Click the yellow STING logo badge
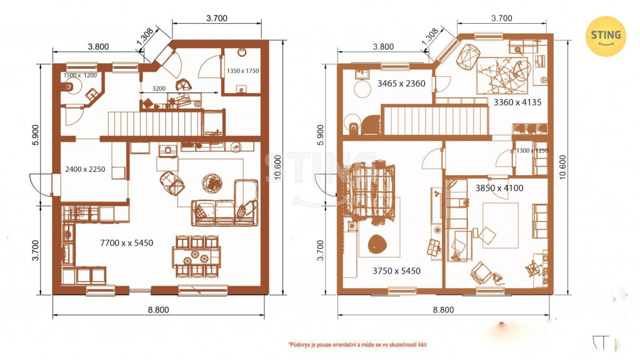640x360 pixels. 606,36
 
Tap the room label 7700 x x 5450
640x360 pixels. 126,243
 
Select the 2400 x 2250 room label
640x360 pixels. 85,169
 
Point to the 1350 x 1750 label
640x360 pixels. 243,71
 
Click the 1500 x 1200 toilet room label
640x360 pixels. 80,75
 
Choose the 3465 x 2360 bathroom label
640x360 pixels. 401,83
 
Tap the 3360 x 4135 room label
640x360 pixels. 517,102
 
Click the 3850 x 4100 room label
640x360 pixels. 499,188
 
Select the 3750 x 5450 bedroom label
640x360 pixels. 396,271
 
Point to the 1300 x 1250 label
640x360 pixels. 532,151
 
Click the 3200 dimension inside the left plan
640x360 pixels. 159,88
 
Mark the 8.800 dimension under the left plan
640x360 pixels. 158,310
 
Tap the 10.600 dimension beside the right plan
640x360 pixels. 562,167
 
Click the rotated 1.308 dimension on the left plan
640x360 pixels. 145,37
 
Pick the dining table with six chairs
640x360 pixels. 196,257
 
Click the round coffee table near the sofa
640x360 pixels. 212,183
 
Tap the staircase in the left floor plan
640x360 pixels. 156,124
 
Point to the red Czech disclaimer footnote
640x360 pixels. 357,345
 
